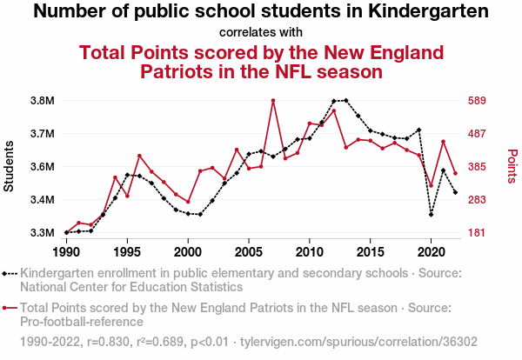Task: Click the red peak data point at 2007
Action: [x=273, y=100]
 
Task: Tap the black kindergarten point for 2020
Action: [x=432, y=214]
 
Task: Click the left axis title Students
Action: [x=10, y=166]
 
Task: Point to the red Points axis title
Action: [x=512, y=166]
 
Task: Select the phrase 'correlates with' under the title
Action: [x=261, y=33]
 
